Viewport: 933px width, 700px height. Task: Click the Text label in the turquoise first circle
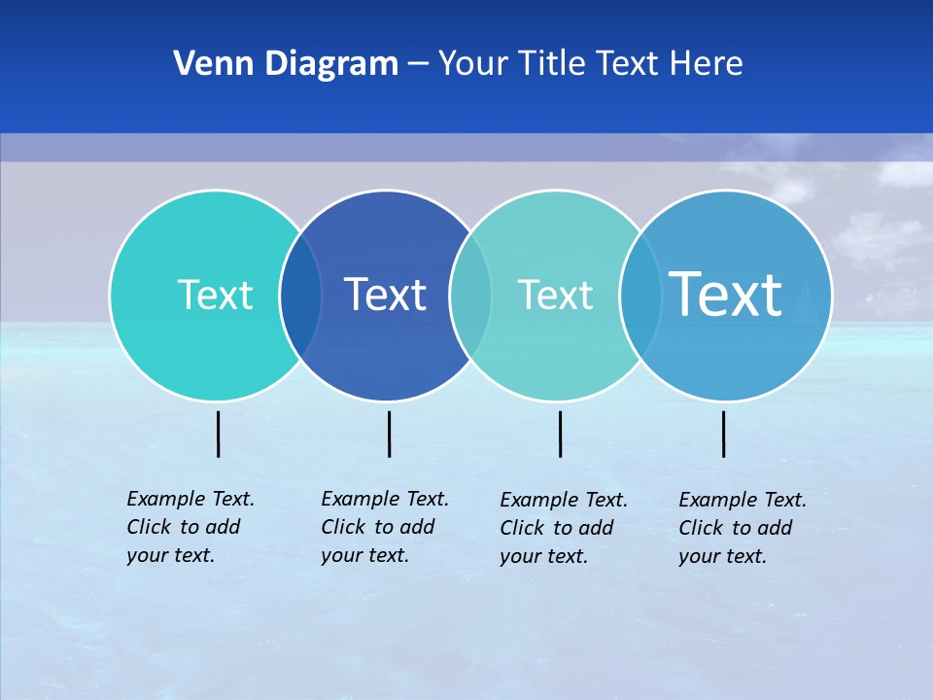coord(215,295)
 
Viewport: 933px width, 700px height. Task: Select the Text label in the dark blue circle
coord(385,295)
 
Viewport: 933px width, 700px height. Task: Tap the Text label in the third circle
coord(555,295)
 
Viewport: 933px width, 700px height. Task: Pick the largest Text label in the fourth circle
coord(726,294)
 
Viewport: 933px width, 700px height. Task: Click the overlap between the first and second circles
coord(300,296)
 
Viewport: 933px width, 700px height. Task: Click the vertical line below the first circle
coord(219,434)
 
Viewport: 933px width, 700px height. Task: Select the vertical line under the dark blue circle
coord(389,434)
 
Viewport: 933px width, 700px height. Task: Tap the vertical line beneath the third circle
coord(561,434)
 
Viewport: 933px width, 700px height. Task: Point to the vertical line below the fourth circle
coord(724,434)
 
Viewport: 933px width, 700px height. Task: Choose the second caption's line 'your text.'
coord(365,555)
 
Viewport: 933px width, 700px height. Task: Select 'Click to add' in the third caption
coord(557,528)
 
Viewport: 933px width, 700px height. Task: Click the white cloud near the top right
coord(904,173)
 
